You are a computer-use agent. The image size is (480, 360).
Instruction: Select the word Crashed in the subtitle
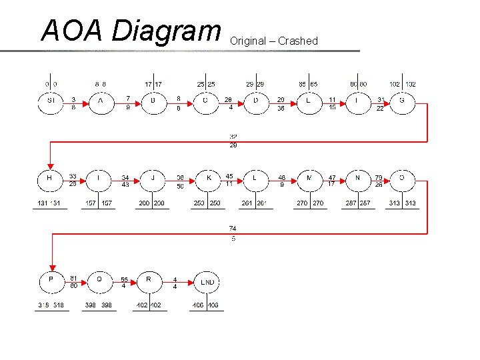coord(298,41)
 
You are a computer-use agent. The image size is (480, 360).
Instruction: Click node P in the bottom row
coord(51,281)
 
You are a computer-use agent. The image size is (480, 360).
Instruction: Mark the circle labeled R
coord(149,281)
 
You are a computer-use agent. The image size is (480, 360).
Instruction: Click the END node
coord(208,283)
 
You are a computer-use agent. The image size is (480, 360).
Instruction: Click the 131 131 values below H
coord(50,203)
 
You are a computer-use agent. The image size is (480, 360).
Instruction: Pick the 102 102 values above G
coord(403,85)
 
